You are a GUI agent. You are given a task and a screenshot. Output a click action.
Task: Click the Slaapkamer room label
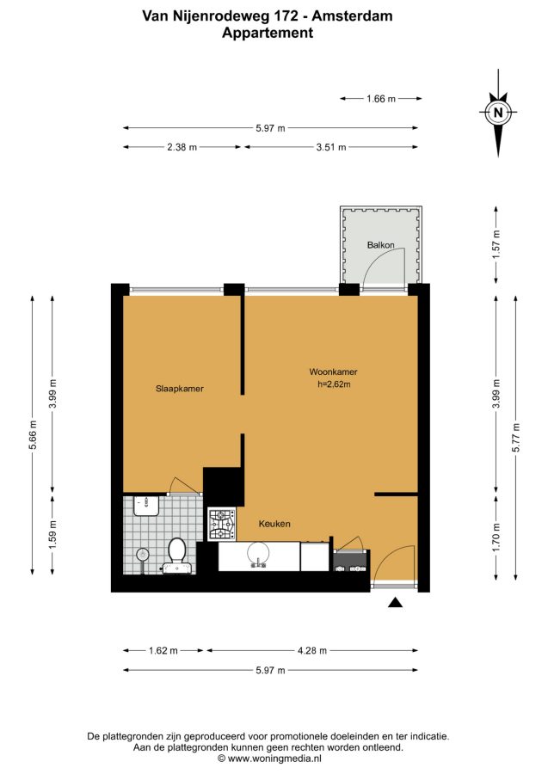coord(180,389)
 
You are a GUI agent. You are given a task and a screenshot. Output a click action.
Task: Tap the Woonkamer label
coord(333,372)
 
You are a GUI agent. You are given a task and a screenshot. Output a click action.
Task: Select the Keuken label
coord(274,524)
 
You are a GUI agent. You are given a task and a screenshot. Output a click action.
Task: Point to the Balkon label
coord(380,245)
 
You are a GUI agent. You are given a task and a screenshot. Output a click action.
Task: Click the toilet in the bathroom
coord(176,556)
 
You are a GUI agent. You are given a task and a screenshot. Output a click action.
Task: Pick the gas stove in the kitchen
coord(222,525)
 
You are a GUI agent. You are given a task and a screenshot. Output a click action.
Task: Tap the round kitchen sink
coord(258,553)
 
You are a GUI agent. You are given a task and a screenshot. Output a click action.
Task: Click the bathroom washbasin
coord(146,506)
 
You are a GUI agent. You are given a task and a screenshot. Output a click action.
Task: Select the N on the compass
coord(498,113)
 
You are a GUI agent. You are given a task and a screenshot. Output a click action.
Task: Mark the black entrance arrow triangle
coord(395,602)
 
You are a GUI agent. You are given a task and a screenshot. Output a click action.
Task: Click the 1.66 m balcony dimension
coord(381,99)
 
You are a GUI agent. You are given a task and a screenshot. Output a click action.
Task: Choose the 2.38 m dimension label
coord(182,147)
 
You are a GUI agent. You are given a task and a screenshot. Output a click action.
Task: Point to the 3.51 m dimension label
coord(331,147)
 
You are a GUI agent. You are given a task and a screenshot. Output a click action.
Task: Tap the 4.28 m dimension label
coord(312,651)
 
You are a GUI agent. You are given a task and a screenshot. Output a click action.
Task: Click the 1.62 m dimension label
coord(163,651)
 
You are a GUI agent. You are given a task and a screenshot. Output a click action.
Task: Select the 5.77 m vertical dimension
coord(516,438)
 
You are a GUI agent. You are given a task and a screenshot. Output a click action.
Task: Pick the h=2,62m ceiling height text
coord(335,384)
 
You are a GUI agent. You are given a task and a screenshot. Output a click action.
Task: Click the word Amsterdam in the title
coord(353,15)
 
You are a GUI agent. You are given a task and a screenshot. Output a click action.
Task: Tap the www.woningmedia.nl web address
coord(275,759)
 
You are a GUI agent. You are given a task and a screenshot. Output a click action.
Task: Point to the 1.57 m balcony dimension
coord(496,245)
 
